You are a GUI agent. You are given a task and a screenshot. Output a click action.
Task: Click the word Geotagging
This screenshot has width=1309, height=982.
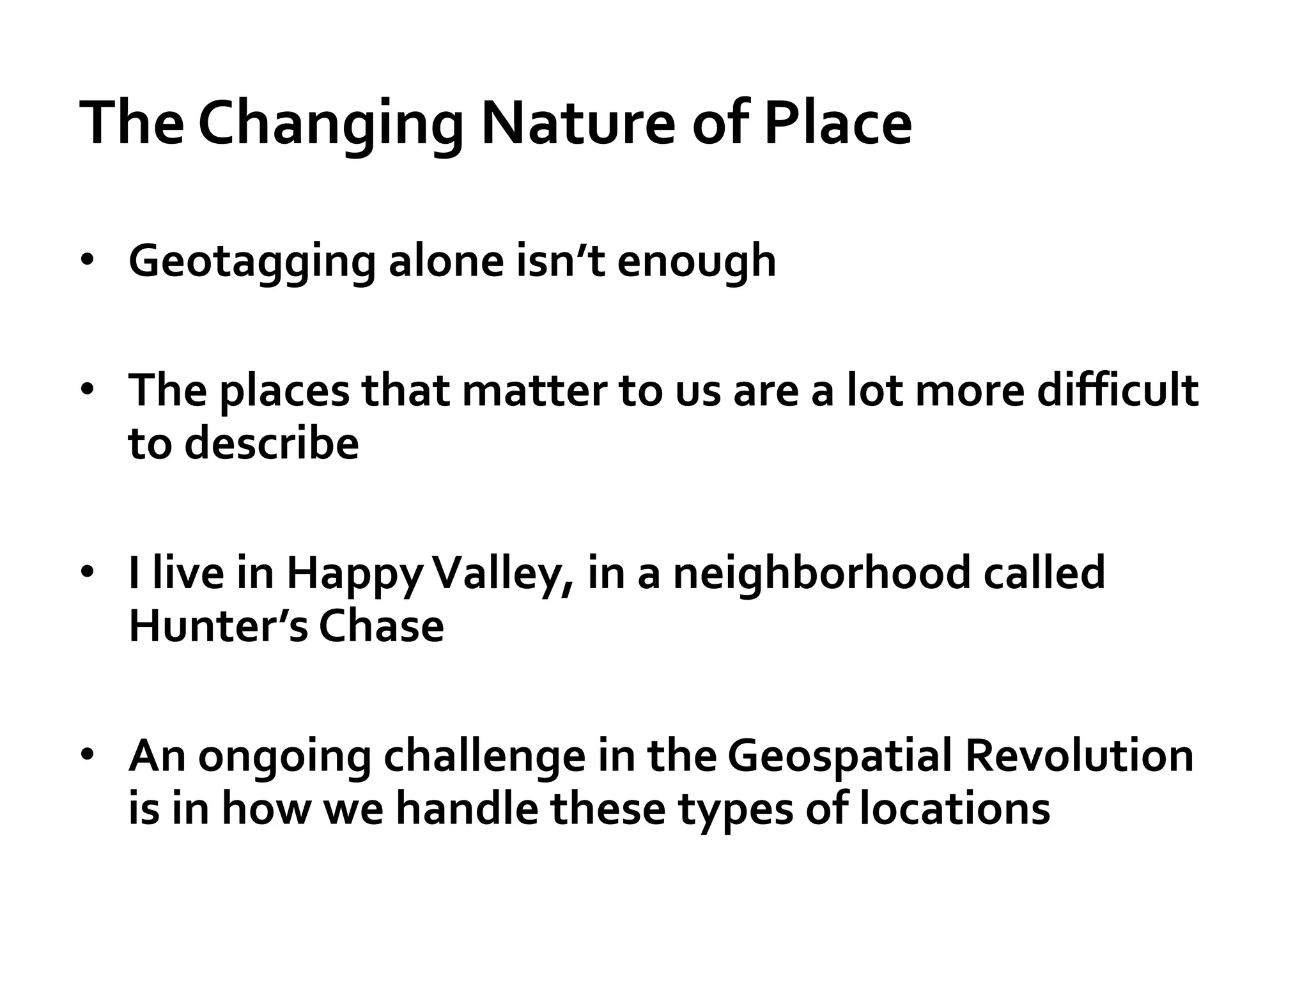(x=251, y=263)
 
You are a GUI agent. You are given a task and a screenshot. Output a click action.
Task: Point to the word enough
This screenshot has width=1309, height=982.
(x=696, y=261)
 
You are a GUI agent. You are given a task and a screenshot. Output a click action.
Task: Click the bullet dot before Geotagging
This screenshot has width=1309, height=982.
(x=88, y=260)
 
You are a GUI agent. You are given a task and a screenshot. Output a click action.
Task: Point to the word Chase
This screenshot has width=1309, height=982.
(x=381, y=626)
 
